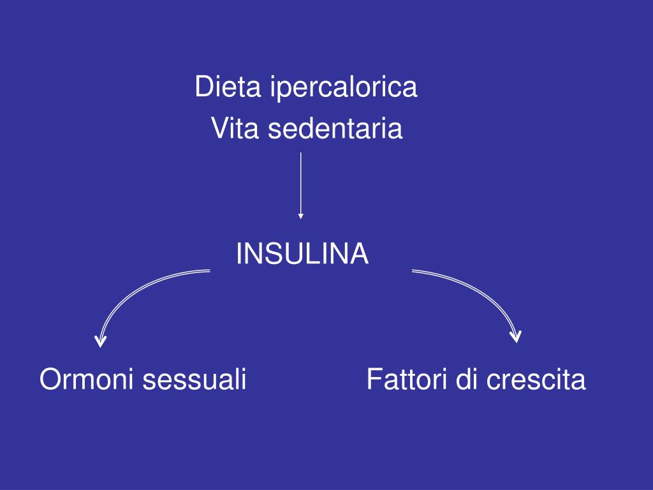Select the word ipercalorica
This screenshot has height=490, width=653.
(343, 88)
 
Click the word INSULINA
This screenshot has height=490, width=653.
(302, 254)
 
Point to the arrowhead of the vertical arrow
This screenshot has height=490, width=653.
(300, 216)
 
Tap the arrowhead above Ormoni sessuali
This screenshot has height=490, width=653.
(100, 341)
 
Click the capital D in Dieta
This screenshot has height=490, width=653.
(203, 87)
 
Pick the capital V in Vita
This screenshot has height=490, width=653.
(219, 130)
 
